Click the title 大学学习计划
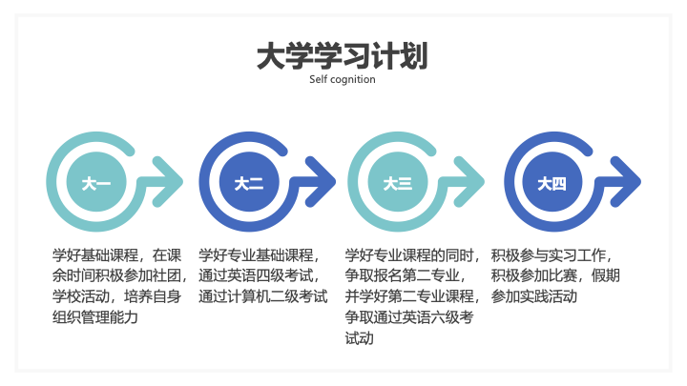point(343,56)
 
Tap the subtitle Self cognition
point(343,80)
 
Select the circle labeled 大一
point(96,182)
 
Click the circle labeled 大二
point(249,182)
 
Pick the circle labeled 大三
point(397,182)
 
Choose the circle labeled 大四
point(552,182)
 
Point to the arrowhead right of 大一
point(168,182)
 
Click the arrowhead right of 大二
point(322,182)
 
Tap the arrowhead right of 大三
point(469,182)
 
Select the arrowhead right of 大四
point(626,182)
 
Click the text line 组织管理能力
point(95,317)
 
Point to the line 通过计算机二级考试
point(263,296)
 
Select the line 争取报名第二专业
point(405,275)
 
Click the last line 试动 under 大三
point(360,338)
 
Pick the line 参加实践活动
point(533,296)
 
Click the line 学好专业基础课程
point(259,255)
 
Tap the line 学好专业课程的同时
point(412,255)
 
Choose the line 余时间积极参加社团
point(119,275)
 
